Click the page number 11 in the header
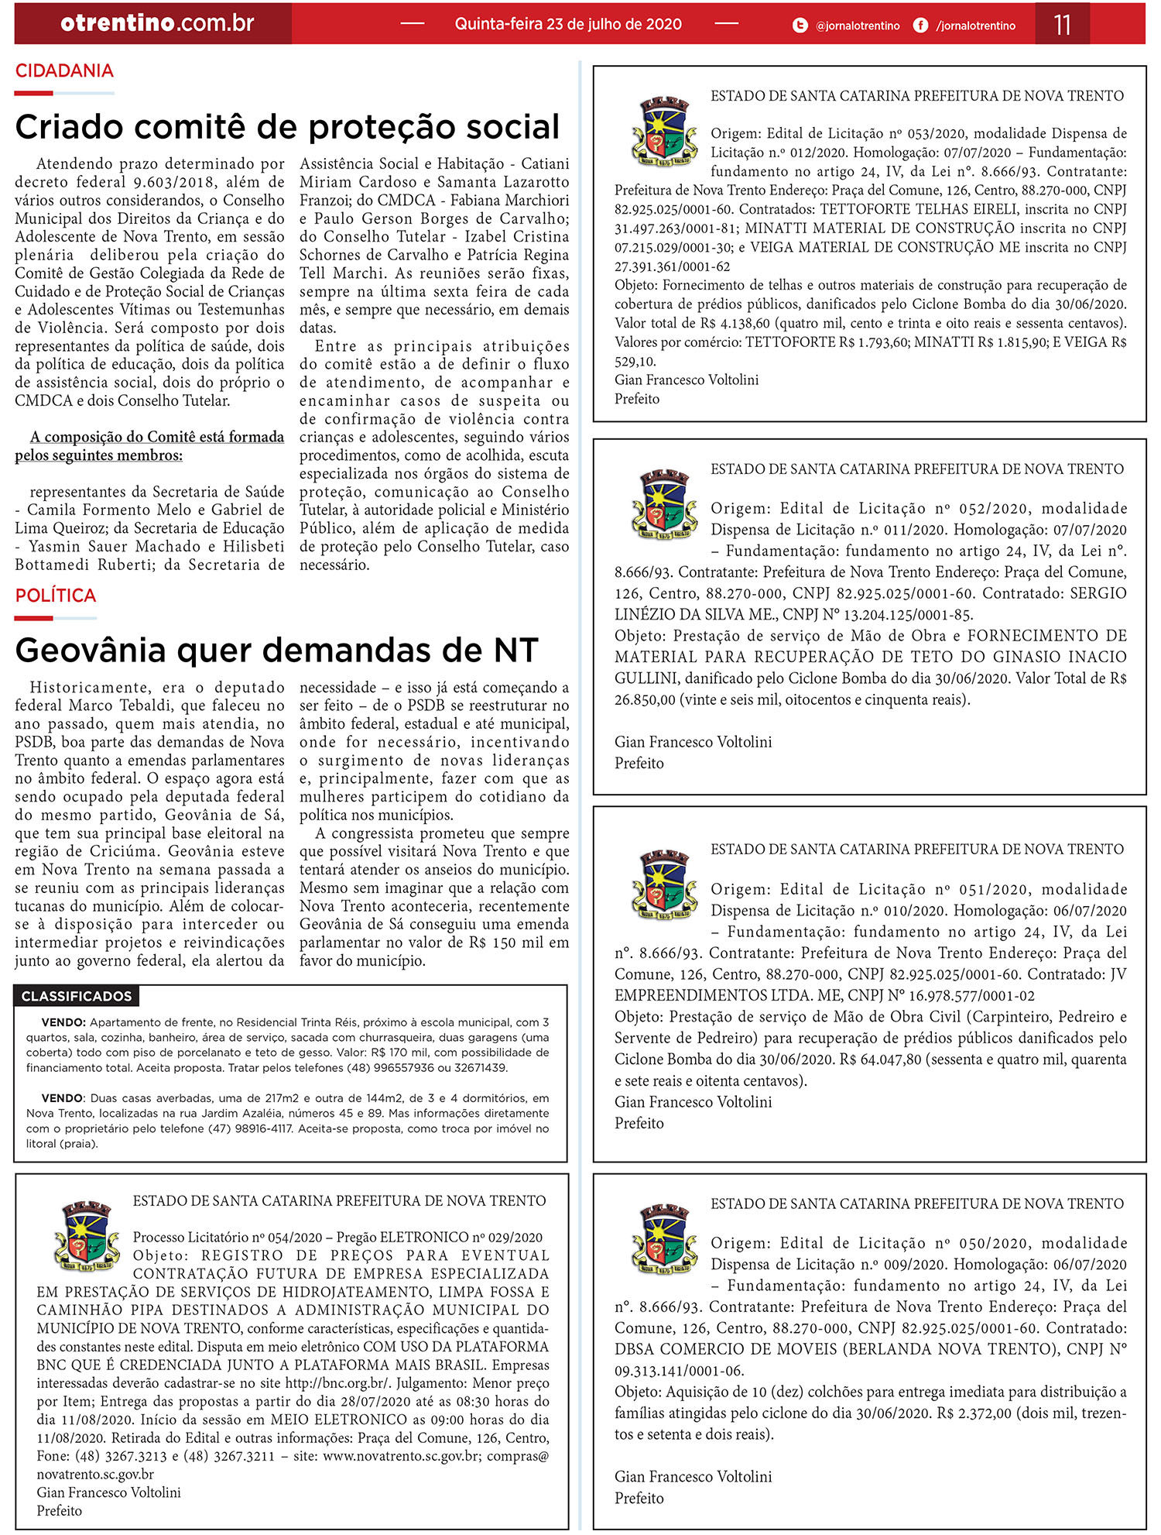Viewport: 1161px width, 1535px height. pos(1062,24)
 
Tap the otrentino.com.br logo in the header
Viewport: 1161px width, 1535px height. pos(157,23)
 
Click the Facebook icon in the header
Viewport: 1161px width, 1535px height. pos(920,26)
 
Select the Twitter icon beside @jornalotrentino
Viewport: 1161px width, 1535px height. pos(800,26)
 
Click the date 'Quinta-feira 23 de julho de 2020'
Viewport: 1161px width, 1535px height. pos(568,24)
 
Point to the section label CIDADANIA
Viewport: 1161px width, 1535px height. pos(64,70)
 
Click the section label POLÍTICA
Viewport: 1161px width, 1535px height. pos(56,596)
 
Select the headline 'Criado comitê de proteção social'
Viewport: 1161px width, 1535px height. pos(287,127)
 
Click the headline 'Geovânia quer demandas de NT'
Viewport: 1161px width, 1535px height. pos(276,651)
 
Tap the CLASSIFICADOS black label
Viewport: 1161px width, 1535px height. pos(76,996)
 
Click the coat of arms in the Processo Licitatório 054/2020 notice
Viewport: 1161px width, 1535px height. pos(86,1235)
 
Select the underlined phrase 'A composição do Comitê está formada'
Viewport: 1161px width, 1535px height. pos(157,437)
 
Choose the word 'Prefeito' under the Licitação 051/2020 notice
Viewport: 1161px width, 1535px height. pos(639,1123)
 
